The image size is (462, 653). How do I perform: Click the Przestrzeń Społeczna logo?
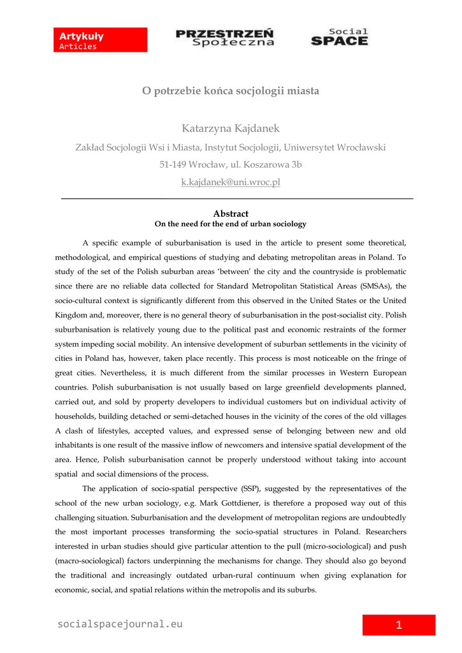[225, 38]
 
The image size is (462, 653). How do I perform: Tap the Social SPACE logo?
[340, 38]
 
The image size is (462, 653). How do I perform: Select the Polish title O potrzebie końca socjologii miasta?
[231, 91]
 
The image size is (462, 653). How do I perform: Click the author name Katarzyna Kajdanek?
[231, 129]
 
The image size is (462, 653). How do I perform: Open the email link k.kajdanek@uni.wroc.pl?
[231, 182]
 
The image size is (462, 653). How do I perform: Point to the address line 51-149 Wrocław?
[231, 165]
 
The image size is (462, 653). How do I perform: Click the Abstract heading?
[231, 214]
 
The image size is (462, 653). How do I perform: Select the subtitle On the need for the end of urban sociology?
[231, 224]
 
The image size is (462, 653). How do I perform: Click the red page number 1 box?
[399, 625]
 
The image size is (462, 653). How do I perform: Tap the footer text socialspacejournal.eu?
[120, 624]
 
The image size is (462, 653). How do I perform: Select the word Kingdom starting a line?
[71, 315]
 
